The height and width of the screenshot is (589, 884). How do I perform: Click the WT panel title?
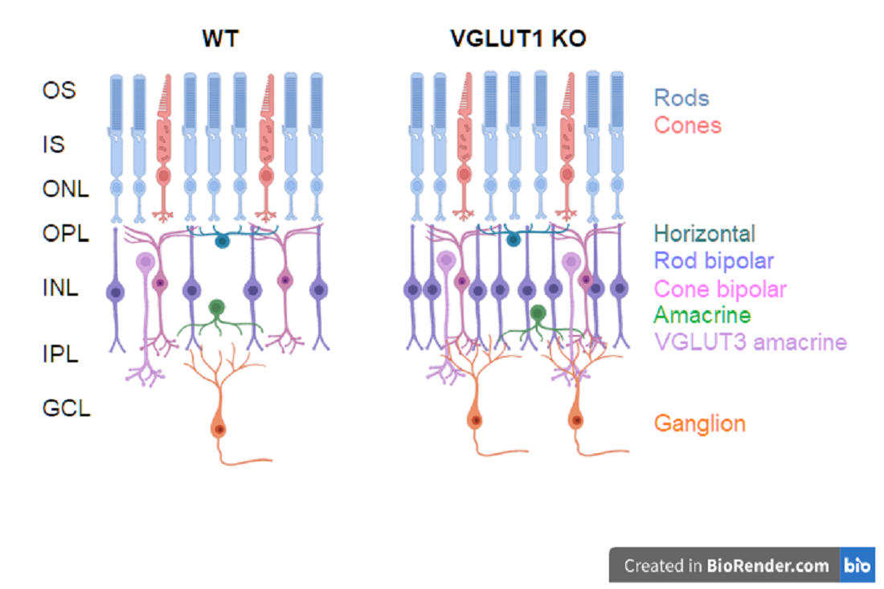coord(220,38)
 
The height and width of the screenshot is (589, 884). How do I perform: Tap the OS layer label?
coord(59,89)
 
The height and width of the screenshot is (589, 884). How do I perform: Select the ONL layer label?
coord(65,189)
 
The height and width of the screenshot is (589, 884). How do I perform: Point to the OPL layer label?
coord(65,234)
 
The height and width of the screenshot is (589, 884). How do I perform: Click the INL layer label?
coord(60,287)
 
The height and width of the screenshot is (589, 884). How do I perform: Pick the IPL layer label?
coord(60,353)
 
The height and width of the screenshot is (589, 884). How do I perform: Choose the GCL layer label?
coord(66,408)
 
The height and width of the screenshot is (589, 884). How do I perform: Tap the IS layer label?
coord(53,145)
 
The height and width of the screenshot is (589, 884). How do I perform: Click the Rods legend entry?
coord(681,99)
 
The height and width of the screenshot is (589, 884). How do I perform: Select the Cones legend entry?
coord(687,125)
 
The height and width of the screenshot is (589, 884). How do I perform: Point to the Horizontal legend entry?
coord(704,234)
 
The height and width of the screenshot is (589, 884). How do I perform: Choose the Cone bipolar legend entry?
coord(720,288)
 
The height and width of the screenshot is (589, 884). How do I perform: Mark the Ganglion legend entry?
coord(699,423)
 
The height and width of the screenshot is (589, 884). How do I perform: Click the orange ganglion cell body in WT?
coord(219,428)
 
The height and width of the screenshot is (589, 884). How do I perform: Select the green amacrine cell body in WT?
coord(216,307)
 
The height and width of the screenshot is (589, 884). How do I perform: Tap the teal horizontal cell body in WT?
coord(222,240)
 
